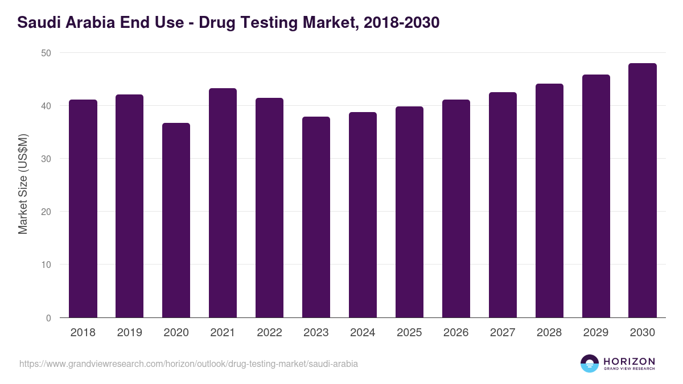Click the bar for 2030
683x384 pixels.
coord(642,191)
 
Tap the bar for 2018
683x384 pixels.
coord(83,209)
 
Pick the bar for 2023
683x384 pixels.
coord(316,217)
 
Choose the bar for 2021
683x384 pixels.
coord(223,203)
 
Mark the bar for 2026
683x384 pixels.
coord(456,209)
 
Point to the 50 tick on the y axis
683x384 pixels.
coord(46,53)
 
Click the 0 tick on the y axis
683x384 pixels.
coord(48,318)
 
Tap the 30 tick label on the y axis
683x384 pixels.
coord(46,159)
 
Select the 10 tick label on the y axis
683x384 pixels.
coord(46,265)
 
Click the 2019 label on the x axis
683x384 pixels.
coord(129,333)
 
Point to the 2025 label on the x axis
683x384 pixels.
coord(409,333)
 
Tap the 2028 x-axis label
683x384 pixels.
coord(549,333)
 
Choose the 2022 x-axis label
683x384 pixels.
coord(269,333)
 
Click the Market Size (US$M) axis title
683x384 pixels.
coord(23,184)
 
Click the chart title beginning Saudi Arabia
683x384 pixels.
coord(228,23)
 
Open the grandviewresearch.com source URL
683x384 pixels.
coord(188,364)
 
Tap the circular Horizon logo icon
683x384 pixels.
coord(590,364)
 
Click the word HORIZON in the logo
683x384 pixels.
coord(629,361)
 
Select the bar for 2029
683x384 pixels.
coord(596,196)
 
